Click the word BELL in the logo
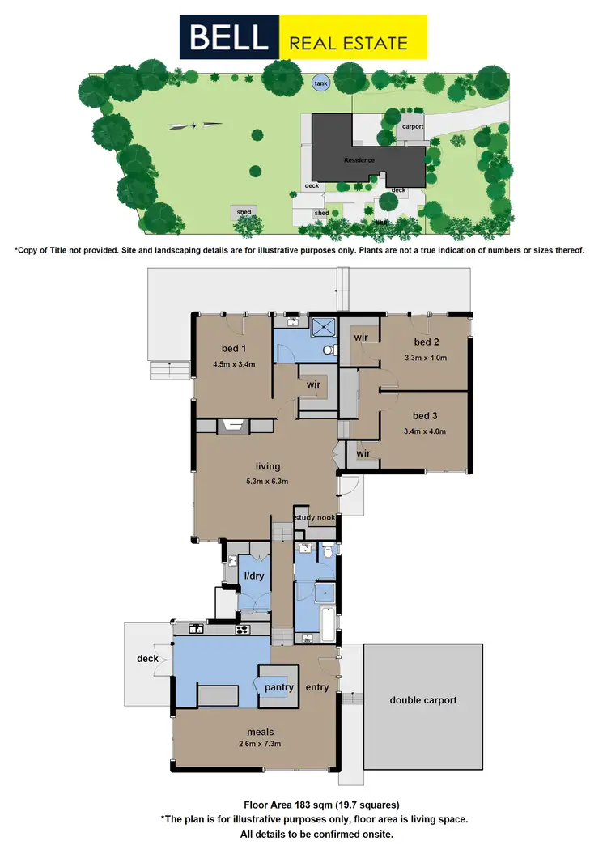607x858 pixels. [229, 37]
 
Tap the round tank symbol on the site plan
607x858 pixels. [321, 82]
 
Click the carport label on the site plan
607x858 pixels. [413, 127]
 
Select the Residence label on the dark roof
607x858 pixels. [359, 160]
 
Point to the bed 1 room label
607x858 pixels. [234, 349]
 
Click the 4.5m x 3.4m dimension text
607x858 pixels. [234, 364]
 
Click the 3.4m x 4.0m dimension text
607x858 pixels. [425, 431]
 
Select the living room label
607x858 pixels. [267, 466]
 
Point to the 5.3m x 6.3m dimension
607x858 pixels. [267, 481]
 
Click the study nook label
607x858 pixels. [315, 518]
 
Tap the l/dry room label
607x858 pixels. [254, 576]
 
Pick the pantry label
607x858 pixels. [278, 687]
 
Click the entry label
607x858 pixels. [317, 687]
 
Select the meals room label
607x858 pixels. [253, 729]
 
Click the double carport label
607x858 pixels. [423, 700]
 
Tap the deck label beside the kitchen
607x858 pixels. [147, 659]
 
